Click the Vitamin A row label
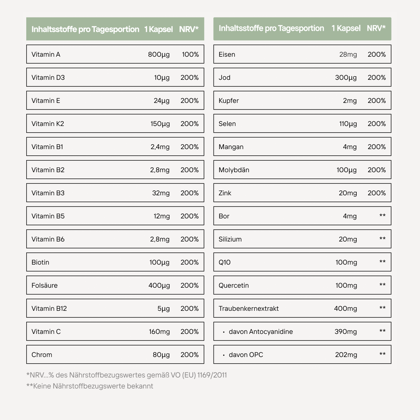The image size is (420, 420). point(46,54)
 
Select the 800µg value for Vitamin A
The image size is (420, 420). point(159,54)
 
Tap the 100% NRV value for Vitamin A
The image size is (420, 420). point(190,54)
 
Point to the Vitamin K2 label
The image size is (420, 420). point(48,124)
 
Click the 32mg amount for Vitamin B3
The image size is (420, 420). point(161,193)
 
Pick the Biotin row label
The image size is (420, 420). point(40,262)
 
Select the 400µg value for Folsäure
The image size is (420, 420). point(159,285)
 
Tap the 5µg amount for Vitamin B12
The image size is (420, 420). point(163,308)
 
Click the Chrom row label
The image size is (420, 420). point(42,355)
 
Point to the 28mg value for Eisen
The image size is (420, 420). point(348,54)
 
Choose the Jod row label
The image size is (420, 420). point(224,77)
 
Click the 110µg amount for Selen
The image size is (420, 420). point(348,124)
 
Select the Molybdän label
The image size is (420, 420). point(234,170)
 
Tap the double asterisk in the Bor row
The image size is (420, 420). point(382,216)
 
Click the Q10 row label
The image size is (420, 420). point(224,262)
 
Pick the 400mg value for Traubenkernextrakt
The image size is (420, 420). point(345,308)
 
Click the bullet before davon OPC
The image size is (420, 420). point(224,355)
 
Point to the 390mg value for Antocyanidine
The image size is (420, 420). point(345,331)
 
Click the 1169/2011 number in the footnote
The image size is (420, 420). point(212,375)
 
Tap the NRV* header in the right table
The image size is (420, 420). point(376,28)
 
